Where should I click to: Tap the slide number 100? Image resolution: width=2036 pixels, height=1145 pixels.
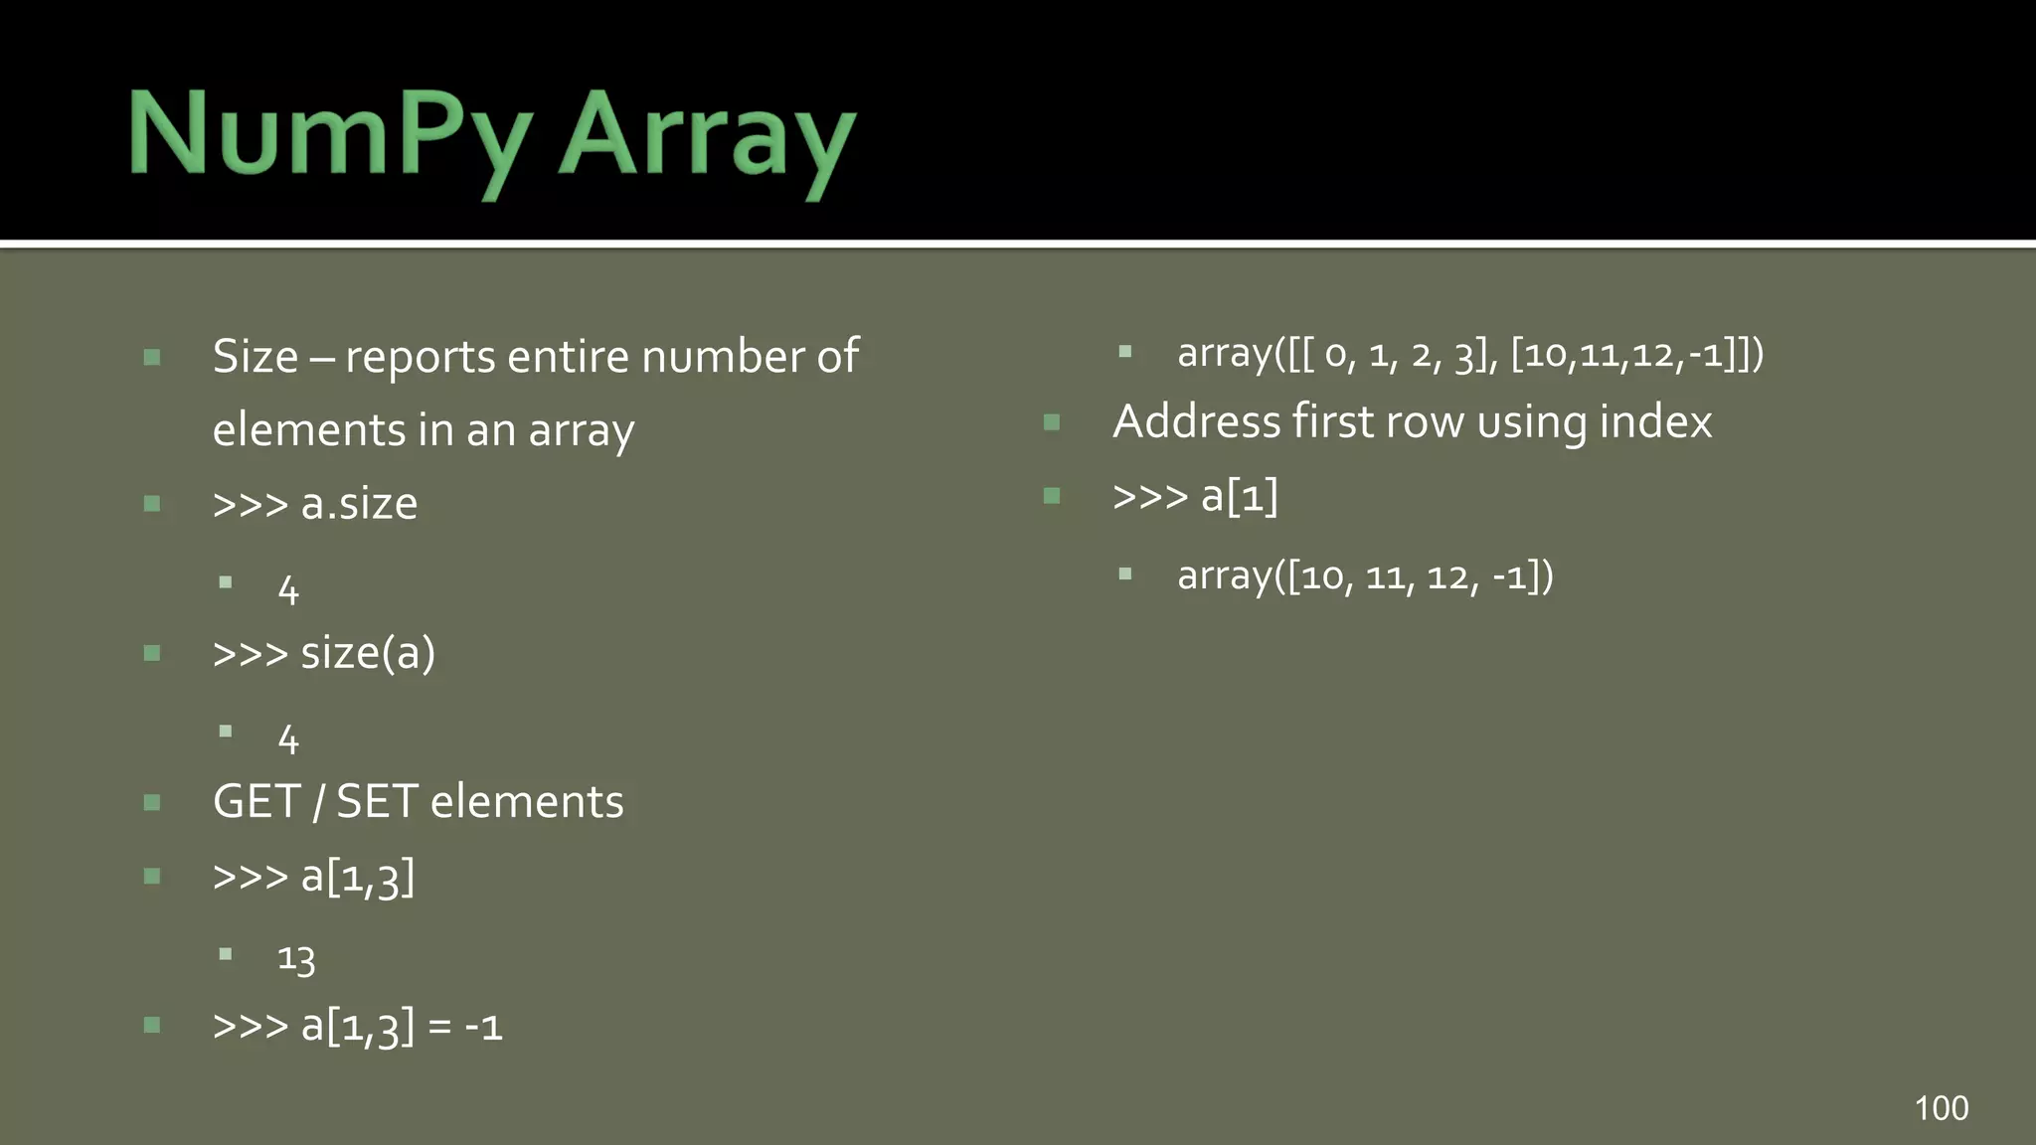point(1941,1108)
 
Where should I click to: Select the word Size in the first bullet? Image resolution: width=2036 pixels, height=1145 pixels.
point(254,357)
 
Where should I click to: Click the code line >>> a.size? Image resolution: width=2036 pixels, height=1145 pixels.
point(315,504)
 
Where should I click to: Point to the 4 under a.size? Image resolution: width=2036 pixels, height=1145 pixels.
point(288,591)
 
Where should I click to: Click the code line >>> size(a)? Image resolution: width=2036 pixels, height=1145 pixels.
point(324,653)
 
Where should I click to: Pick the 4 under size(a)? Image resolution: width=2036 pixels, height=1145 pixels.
point(288,740)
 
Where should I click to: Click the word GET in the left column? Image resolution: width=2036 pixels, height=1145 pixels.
point(255,802)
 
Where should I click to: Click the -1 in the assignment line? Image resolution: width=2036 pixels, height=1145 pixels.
point(484,1027)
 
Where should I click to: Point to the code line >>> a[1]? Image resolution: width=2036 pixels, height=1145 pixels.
point(1195,496)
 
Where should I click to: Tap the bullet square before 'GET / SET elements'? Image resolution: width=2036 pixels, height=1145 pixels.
point(152,802)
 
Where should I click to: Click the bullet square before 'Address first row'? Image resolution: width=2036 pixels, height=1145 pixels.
point(1052,422)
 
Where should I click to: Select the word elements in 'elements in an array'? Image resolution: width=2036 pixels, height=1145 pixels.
point(308,430)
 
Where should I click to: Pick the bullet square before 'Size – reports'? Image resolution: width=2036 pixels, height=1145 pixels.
point(152,357)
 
